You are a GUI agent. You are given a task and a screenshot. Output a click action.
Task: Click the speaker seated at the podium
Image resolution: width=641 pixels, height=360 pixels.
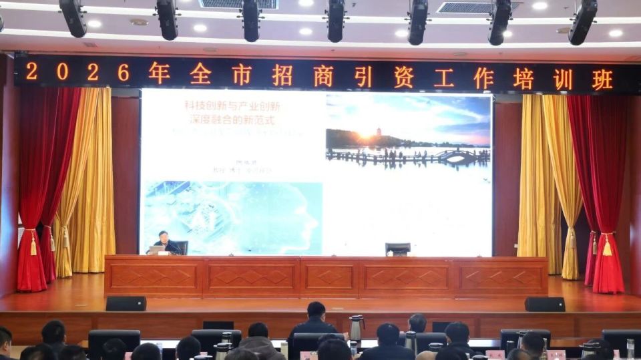tap(163, 242)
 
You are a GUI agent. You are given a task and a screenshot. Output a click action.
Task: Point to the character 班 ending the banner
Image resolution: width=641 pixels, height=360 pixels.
tap(602, 79)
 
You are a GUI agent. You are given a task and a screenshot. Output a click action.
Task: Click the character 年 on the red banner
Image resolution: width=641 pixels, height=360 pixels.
tap(159, 73)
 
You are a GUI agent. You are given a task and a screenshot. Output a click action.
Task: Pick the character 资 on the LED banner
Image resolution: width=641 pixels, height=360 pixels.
tap(403, 77)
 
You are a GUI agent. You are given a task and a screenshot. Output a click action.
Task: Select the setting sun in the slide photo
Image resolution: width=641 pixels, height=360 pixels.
tap(365, 135)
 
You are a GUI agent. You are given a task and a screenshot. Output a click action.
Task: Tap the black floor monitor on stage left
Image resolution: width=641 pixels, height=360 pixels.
tap(126, 304)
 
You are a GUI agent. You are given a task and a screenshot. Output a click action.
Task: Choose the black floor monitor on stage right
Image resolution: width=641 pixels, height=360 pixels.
tap(544, 305)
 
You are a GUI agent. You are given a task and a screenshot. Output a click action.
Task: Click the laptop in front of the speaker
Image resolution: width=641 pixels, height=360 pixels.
tap(156, 250)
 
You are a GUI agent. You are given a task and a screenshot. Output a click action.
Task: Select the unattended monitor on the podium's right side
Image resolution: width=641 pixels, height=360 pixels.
tap(398, 248)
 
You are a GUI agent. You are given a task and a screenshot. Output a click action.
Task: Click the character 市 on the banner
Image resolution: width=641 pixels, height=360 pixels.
tap(242, 75)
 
